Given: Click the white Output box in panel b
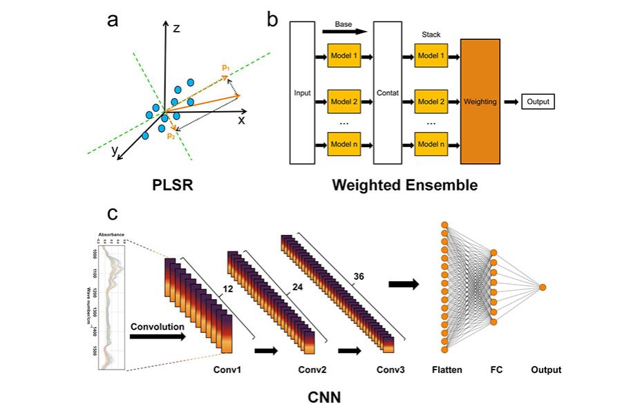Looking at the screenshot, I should [x=538, y=102].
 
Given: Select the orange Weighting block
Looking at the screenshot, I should [x=480, y=102].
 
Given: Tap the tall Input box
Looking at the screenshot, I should [x=302, y=93].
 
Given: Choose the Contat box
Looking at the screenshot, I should [x=387, y=93].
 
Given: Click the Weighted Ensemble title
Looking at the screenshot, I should [x=404, y=184].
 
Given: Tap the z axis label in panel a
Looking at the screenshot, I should [x=176, y=28].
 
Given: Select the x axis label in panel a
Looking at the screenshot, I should [x=242, y=120].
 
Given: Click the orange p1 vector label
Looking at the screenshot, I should [x=226, y=67].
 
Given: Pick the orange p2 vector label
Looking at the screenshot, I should [x=170, y=136].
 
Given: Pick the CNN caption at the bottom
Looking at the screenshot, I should [x=325, y=398].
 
